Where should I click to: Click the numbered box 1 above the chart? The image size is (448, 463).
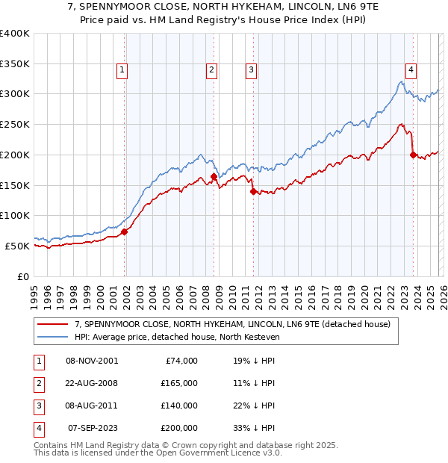pyautogui.click(x=122, y=70)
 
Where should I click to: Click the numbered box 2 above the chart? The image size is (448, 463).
pyautogui.click(x=211, y=70)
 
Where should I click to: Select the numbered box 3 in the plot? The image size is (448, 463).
pyautogui.click(x=250, y=70)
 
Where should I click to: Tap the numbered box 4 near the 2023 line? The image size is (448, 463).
pyautogui.click(x=411, y=70)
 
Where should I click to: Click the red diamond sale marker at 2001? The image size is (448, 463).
pyautogui.click(x=125, y=232)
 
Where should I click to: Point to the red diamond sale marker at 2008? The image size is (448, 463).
pyautogui.click(x=214, y=177)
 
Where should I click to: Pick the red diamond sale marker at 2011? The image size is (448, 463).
pyautogui.click(x=253, y=191)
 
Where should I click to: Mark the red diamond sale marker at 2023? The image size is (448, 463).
pyautogui.click(x=413, y=155)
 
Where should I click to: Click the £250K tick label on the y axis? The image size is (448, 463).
pyautogui.click(x=15, y=124)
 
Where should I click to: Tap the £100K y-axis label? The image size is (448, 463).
pyautogui.click(x=15, y=215)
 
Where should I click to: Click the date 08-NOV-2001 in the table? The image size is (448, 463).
pyautogui.click(x=92, y=361)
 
